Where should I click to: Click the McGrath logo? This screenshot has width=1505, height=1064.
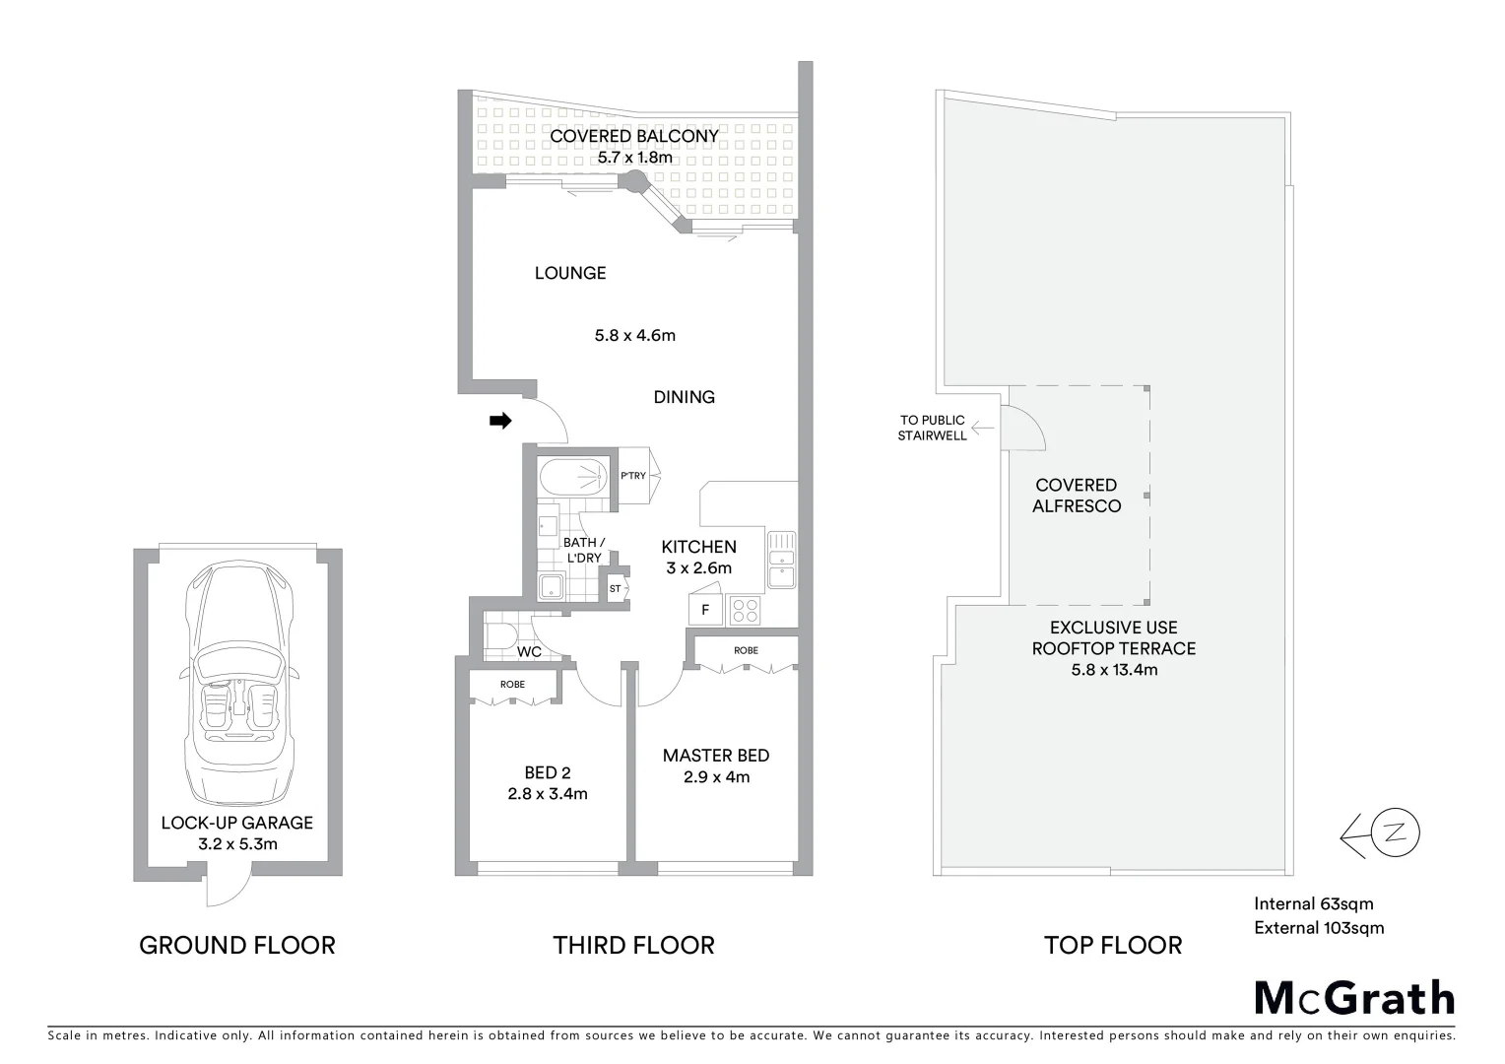[x=1354, y=997]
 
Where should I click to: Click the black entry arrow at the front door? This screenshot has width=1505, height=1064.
[x=500, y=422]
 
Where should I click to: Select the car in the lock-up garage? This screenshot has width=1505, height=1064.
[x=237, y=684]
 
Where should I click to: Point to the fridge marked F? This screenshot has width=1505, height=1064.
[x=705, y=610]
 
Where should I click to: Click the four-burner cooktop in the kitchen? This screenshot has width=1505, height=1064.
[x=746, y=611]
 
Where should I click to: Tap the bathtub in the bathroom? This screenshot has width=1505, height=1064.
[x=575, y=479]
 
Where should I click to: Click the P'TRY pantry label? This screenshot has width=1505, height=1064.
[x=633, y=476]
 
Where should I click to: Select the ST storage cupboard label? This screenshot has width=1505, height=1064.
[x=616, y=589]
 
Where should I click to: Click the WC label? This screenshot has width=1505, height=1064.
[x=529, y=652]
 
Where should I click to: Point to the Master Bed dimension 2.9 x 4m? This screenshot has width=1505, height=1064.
[x=716, y=777]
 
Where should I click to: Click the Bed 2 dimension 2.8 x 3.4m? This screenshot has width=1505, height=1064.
[x=548, y=794]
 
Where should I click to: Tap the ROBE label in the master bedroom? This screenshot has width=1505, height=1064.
[x=746, y=650]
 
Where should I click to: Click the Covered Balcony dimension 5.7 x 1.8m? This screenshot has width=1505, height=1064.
[x=634, y=158]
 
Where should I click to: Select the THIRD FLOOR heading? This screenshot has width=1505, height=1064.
[x=633, y=946]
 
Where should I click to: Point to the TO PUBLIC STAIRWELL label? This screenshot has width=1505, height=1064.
[x=931, y=428]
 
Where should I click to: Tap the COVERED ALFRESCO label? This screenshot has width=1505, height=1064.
[x=1076, y=496]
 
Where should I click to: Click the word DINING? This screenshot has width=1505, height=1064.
[x=684, y=397]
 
